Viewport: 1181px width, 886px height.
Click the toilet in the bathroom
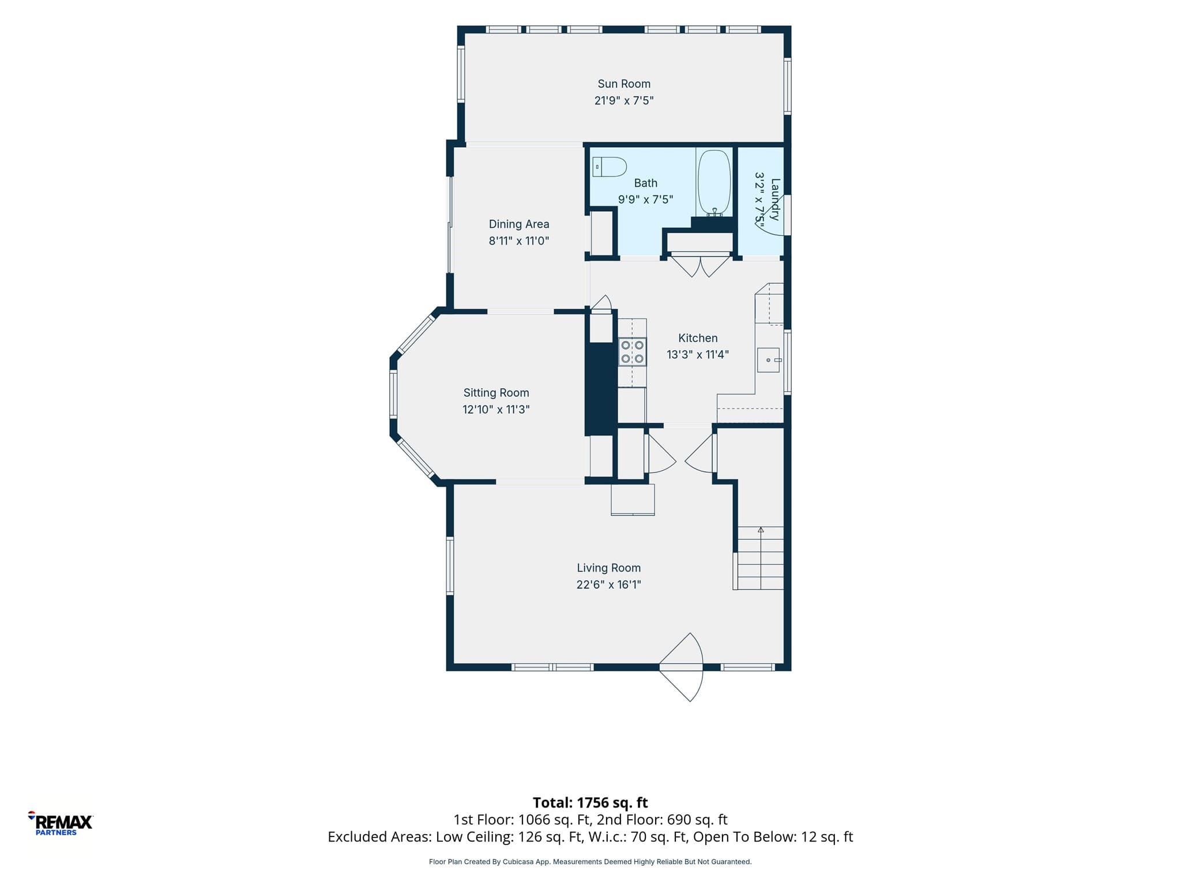[x=610, y=167]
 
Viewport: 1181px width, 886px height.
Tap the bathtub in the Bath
[x=714, y=183]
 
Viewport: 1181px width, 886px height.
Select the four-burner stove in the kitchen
[x=633, y=352]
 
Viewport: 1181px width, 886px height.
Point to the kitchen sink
[x=769, y=360]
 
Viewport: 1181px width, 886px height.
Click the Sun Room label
[x=624, y=84]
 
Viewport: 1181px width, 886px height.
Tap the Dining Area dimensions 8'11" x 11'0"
[x=519, y=241]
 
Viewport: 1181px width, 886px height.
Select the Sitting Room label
[x=496, y=393]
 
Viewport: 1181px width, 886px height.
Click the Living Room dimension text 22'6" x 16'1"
[x=609, y=584]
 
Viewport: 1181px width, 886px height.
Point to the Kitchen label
[x=698, y=338]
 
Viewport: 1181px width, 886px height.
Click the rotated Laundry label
[x=775, y=199]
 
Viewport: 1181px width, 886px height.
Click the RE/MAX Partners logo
[x=61, y=823]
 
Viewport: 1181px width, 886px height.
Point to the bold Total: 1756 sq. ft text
[x=590, y=802]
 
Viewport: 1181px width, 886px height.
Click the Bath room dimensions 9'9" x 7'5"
[x=646, y=200]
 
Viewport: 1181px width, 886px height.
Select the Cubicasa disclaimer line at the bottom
[x=590, y=862]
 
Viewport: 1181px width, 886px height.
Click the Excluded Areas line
[x=590, y=837]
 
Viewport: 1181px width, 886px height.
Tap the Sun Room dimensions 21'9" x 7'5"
[x=624, y=100]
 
